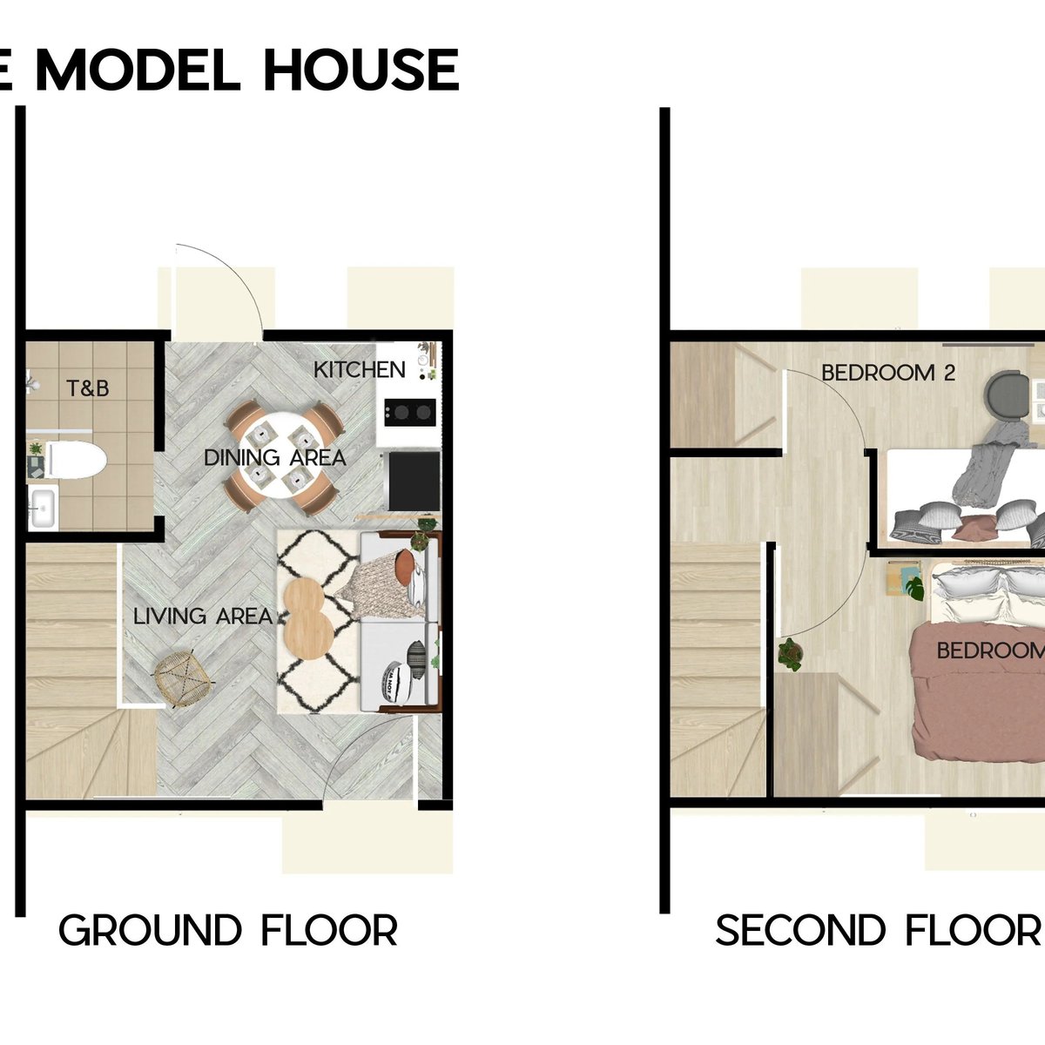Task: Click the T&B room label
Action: [88, 388]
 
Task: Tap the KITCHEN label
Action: [360, 370]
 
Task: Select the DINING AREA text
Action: [274, 457]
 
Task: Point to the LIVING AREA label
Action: [202, 617]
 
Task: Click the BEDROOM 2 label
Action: [888, 373]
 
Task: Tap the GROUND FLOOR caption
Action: [228, 931]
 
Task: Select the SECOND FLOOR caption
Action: [878, 931]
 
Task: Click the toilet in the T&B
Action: [75, 461]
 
